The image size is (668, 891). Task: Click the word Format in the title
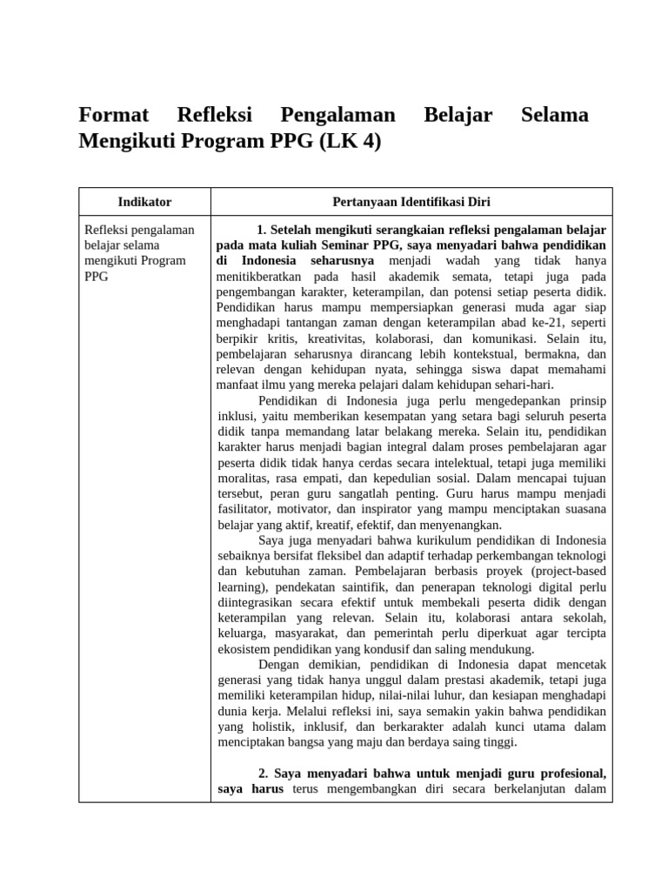click(114, 115)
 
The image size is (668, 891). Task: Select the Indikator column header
click(144, 202)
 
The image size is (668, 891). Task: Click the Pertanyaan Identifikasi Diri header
click(411, 202)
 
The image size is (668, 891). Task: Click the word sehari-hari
click(523, 385)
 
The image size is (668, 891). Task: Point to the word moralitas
click(244, 479)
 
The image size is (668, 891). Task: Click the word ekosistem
click(246, 649)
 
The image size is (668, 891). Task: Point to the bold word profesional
click(569, 773)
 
